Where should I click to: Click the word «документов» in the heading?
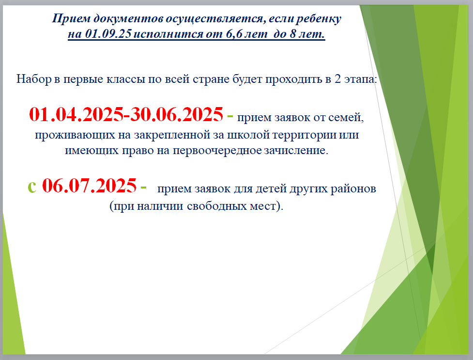(128, 19)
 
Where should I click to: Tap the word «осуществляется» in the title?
(216, 19)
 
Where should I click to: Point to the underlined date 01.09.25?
(108, 33)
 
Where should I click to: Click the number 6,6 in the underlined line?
(234, 33)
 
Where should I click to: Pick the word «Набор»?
(34, 79)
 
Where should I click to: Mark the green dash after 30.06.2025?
(230, 116)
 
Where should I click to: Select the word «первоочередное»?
(217, 150)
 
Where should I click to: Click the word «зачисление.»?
(296, 150)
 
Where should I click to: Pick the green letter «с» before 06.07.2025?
(32, 187)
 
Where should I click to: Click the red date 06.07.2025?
(89, 185)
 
